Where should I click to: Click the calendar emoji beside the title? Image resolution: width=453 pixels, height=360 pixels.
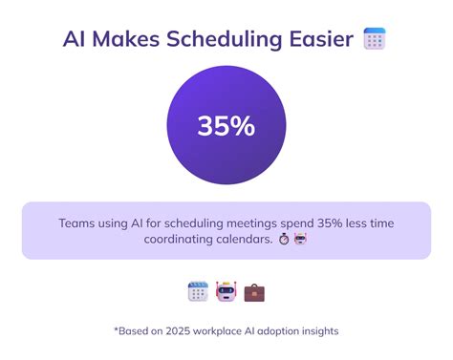point(375,39)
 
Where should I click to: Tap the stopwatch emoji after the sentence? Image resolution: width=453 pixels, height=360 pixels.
point(284,240)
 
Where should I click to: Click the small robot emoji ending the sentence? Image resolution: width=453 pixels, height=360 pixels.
point(300,240)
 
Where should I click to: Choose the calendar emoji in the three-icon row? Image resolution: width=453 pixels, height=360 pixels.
point(198,291)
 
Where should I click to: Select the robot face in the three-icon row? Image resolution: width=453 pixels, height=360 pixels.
point(226,291)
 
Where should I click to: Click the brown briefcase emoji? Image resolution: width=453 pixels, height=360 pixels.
point(254,291)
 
